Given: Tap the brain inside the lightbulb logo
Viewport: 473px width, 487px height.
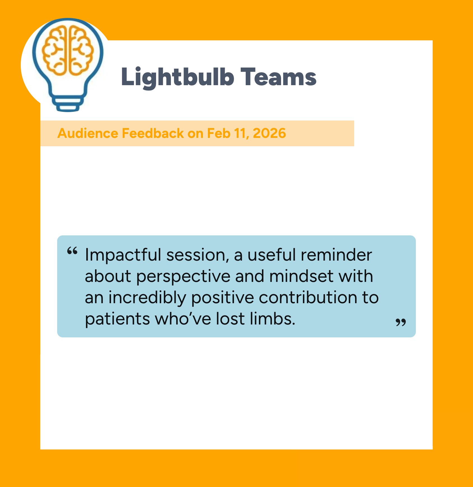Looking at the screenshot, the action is pos(68,50).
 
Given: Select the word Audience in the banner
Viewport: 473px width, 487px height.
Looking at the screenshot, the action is pos(88,133).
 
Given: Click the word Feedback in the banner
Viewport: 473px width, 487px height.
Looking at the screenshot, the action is pos(153,133).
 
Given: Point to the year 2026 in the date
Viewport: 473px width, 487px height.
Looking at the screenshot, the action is pos(269,133).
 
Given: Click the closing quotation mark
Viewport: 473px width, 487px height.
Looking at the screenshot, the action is pos(401,322).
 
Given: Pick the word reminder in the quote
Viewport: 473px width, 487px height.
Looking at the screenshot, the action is pos(336,255).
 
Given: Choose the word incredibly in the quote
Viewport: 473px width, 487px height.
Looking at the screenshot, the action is pos(147,298).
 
